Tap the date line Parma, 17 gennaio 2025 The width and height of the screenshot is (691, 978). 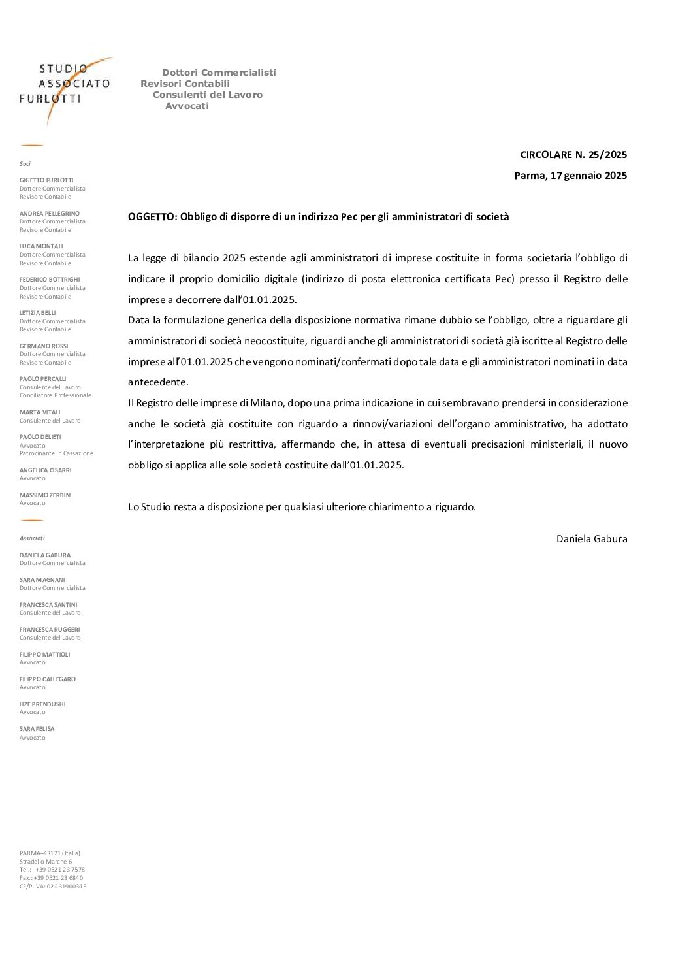click(570, 175)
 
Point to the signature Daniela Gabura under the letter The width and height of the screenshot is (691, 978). click(591, 539)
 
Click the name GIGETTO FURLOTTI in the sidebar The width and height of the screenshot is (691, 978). click(46, 180)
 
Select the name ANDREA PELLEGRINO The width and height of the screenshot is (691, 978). click(50, 214)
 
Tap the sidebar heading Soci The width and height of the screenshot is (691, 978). click(25, 164)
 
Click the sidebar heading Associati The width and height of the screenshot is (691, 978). click(32, 538)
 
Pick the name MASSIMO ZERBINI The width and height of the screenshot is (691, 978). click(45, 495)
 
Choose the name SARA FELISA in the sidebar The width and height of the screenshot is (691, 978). click(37, 729)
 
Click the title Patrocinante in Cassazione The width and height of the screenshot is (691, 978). click(56, 453)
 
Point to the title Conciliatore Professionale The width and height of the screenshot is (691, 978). click(56, 395)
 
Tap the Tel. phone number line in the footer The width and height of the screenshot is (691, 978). click(52, 870)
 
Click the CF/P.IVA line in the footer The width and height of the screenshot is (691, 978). click(53, 887)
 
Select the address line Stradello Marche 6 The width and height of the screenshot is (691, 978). click(46, 862)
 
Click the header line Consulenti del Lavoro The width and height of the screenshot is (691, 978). click(207, 95)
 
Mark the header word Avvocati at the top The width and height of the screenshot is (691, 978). click(187, 106)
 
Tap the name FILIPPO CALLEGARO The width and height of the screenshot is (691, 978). click(48, 679)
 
